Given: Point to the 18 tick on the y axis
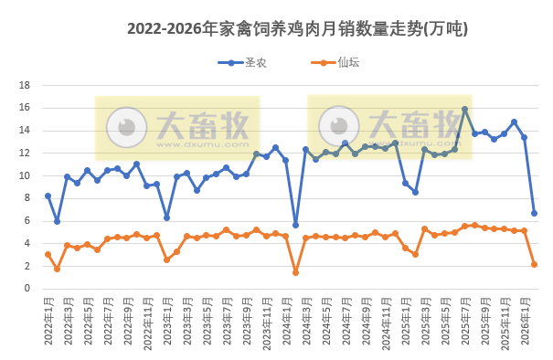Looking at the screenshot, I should click(27, 85).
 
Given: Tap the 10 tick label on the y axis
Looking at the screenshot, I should click(27, 175).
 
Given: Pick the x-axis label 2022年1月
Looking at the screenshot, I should click(48, 315).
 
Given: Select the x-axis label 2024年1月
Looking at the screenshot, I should click(285, 315).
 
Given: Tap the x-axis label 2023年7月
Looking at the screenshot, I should click(226, 315).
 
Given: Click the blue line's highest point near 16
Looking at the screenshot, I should click(464, 110).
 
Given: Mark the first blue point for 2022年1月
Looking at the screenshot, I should click(48, 196).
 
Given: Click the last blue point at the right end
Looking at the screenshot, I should click(534, 213).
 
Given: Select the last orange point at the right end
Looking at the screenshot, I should click(534, 264).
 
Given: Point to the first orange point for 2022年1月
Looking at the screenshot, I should click(48, 254).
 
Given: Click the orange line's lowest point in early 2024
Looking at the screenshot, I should click(295, 272).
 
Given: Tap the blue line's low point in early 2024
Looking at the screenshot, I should click(295, 225).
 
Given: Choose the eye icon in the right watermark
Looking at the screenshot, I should click(343, 126).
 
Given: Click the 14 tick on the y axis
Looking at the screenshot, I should click(27, 130).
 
